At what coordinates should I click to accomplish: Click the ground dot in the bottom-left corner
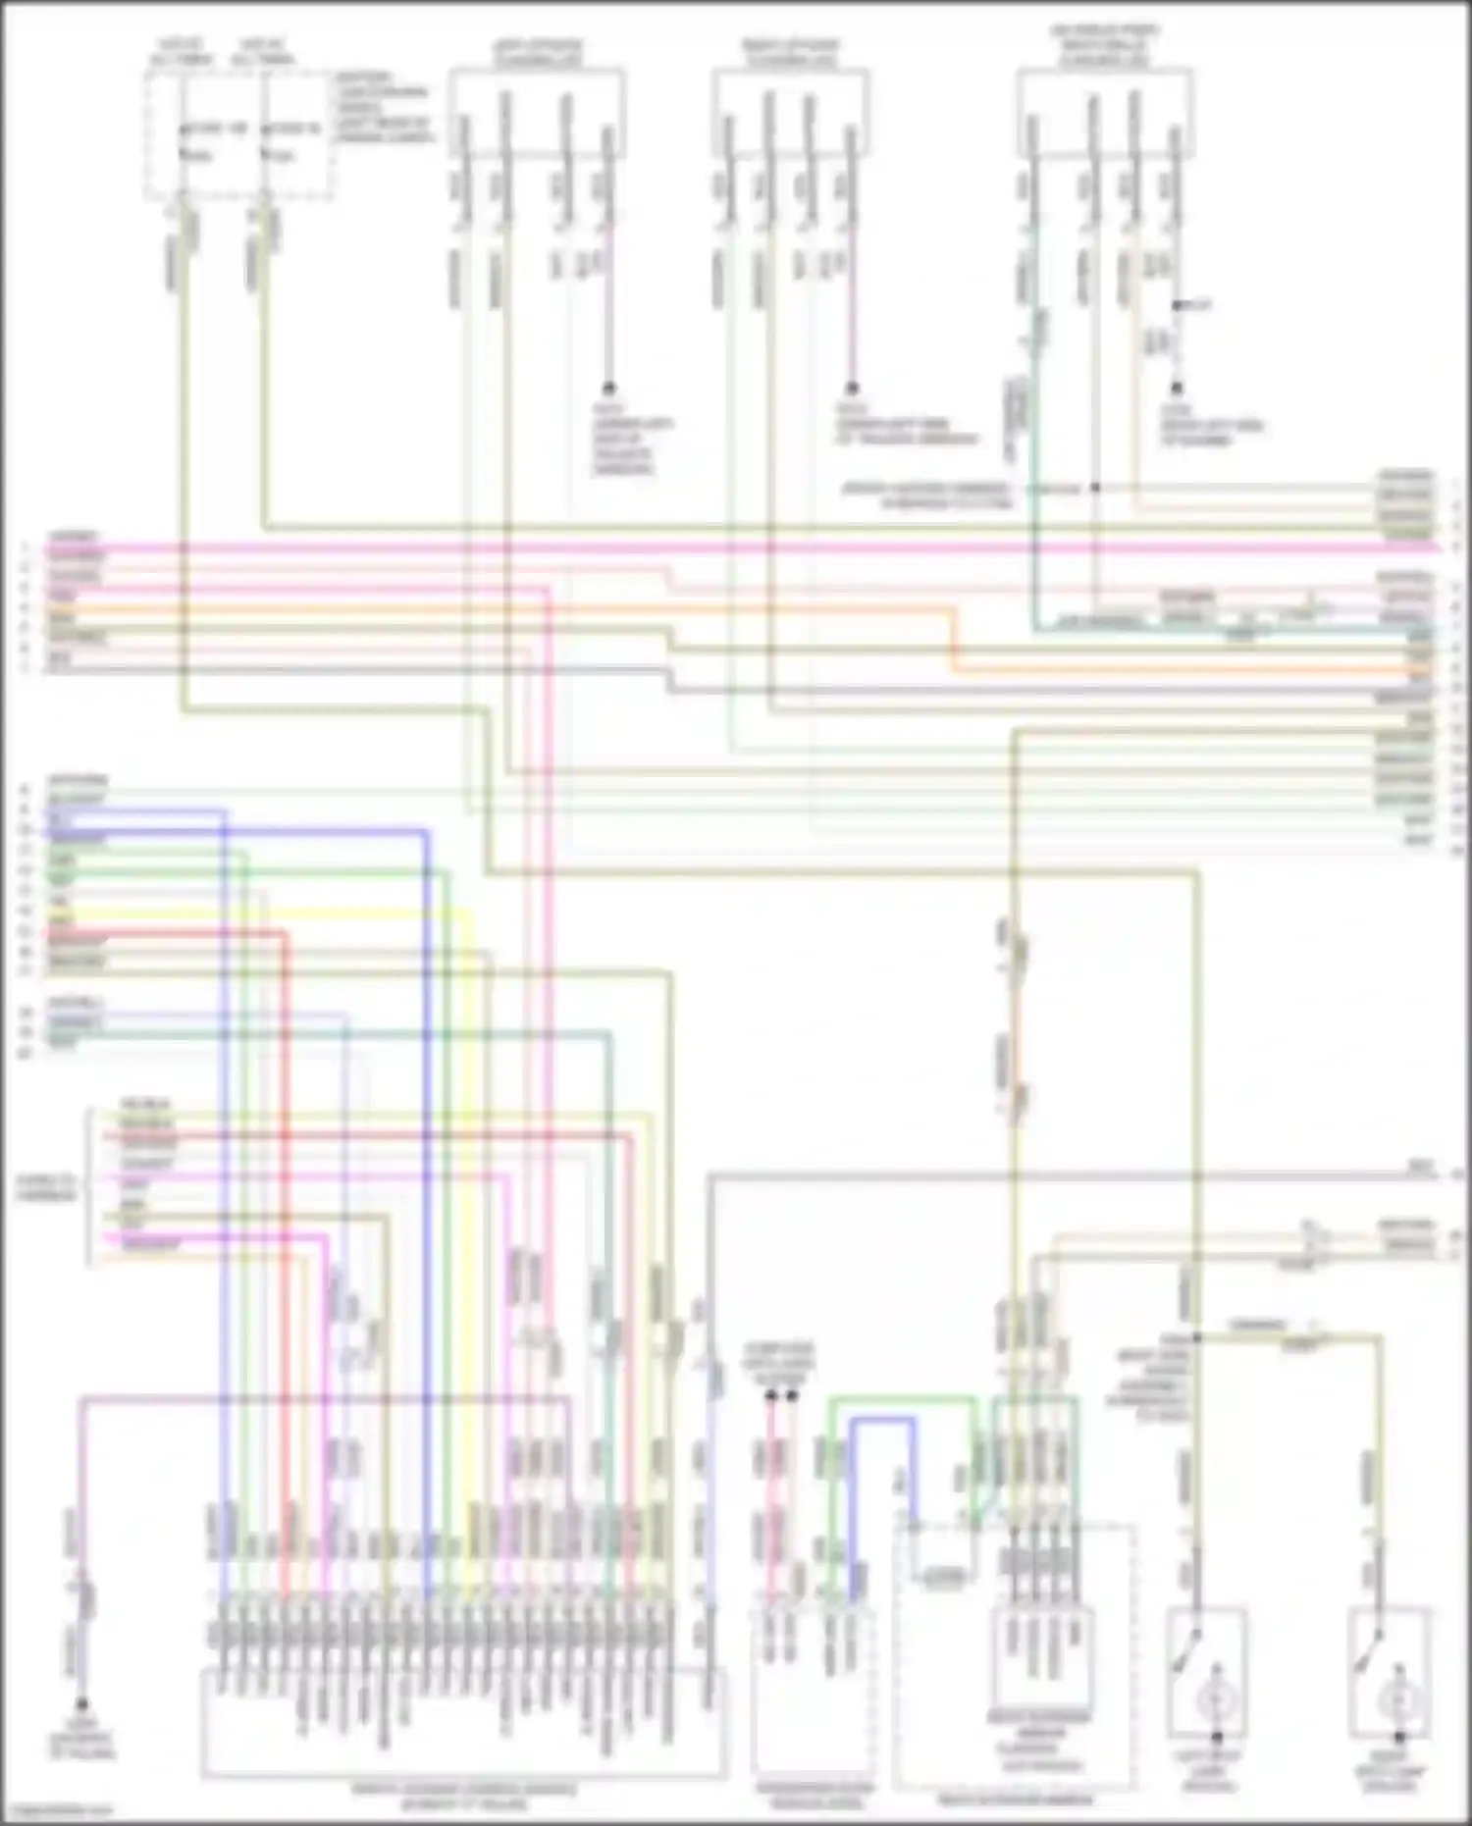coord(82,1706)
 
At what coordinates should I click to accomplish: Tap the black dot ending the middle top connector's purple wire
coord(852,389)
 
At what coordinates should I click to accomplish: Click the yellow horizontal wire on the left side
coord(255,913)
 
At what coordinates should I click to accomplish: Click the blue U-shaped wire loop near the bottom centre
coord(882,1423)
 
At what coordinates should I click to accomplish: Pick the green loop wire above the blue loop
coord(903,1401)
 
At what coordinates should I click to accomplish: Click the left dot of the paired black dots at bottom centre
coord(770,1394)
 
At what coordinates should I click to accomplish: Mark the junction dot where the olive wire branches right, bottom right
coord(1197,1336)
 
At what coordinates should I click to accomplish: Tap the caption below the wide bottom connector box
coord(463,1795)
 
